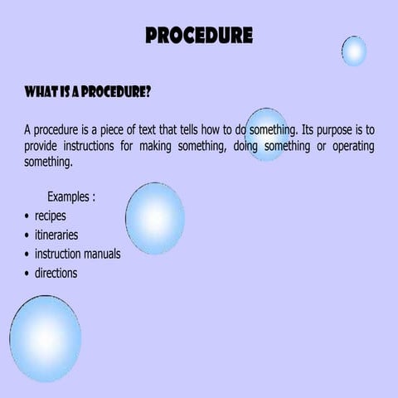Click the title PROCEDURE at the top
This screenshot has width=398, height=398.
coord(199,36)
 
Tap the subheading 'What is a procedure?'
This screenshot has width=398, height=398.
coord(87,91)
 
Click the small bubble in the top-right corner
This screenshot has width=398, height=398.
coord(354,51)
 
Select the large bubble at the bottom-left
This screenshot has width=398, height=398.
coord(46,339)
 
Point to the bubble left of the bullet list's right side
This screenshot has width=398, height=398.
coord(155,218)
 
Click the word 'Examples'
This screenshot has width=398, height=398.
coord(68,197)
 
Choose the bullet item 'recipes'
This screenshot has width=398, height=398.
coord(50,216)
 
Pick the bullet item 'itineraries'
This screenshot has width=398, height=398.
coord(56,235)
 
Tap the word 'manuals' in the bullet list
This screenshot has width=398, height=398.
coord(100,254)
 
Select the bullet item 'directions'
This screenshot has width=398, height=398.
coord(56,272)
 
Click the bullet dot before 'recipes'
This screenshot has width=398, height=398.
coord(27,217)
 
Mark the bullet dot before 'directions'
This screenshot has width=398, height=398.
coord(27,273)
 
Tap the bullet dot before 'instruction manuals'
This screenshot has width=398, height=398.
coord(27,255)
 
